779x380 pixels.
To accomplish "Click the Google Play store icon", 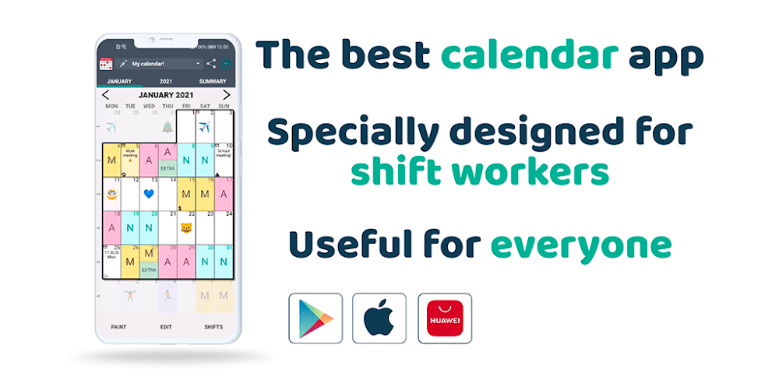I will click(x=315, y=317).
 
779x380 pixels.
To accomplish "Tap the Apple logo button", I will click(x=379, y=317).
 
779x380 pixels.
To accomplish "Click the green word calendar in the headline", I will click(x=529, y=55).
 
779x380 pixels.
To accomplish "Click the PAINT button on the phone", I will click(x=118, y=327).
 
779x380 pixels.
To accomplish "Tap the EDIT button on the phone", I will click(x=166, y=327).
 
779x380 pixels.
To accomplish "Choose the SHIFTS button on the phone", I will click(x=213, y=327).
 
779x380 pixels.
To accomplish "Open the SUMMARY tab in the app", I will click(x=213, y=81).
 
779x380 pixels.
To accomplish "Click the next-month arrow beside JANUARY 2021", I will click(x=227, y=95).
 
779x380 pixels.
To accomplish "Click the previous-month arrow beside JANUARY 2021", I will click(x=106, y=95).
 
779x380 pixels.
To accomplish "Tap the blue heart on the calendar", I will click(x=149, y=192).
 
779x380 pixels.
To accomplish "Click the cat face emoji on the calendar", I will click(x=185, y=228).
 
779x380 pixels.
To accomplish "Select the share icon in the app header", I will click(x=211, y=63).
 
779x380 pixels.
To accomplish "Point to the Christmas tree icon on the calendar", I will click(x=167, y=127).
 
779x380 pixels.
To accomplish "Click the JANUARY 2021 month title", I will click(x=166, y=95).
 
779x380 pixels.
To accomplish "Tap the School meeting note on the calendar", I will click(x=224, y=154).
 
